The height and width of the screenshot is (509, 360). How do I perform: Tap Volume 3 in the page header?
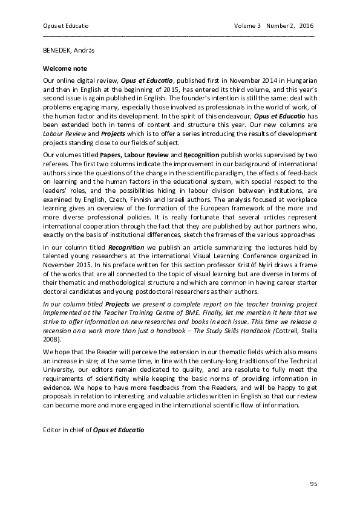[x=247, y=26]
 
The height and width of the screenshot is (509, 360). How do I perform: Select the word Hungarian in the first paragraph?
[x=301, y=80]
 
